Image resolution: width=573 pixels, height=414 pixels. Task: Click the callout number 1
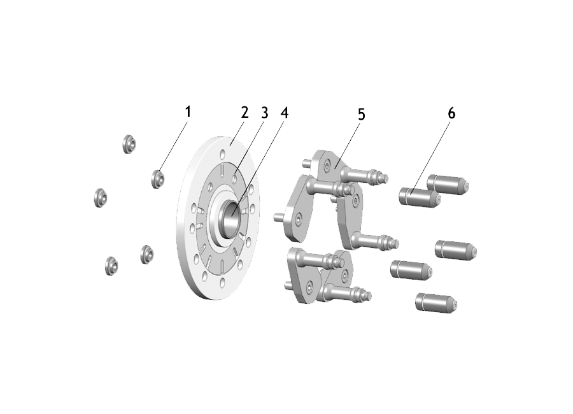[188, 112]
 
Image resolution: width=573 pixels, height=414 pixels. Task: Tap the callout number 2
[244, 112]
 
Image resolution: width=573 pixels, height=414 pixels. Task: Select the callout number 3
[264, 113]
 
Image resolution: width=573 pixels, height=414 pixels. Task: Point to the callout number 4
[285, 113]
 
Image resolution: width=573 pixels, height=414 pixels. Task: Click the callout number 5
[361, 115]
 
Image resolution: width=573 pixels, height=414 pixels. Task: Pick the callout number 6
[451, 114]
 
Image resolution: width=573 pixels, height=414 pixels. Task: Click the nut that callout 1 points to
[158, 179]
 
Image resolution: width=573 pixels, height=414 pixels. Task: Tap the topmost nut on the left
[129, 144]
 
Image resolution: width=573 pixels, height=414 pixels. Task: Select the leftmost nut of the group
[101, 198]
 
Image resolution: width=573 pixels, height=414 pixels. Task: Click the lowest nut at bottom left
[111, 266]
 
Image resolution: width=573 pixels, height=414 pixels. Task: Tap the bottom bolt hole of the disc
[222, 282]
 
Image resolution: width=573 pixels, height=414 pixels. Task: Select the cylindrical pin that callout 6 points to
[420, 197]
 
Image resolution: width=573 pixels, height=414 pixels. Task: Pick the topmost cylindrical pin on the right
[448, 184]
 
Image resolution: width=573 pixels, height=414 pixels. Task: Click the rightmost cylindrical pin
[456, 250]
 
